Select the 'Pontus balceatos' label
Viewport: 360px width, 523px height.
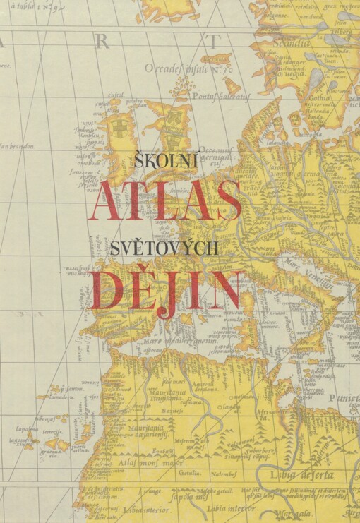228,95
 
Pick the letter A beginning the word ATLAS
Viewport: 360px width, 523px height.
105,200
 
